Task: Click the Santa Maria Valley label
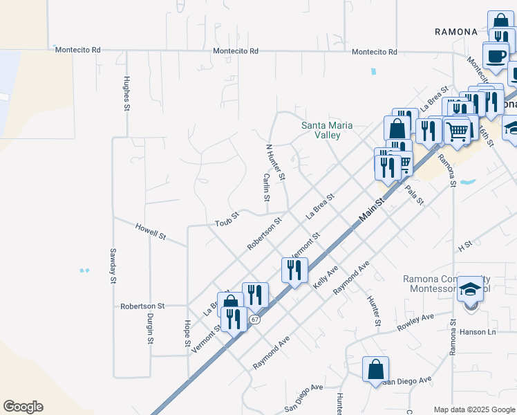pyautogui.click(x=327, y=130)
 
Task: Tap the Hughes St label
pyautogui.click(x=126, y=93)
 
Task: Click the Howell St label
pyautogui.click(x=151, y=232)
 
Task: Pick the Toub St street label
pyautogui.click(x=227, y=219)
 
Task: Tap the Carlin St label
pyautogui.click(x=266, y=187)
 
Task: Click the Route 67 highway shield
pyautogui.click(x=255, y=319)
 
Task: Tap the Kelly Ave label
pyautogui.click(x=326, y=276)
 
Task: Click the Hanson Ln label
pyautogui.click(x=478, y=332)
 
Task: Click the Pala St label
pyautogui.click(x=414, y=194)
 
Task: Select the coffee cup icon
pyautogui.click(x=495, y=55)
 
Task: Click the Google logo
pyautogui.click(x=23, y=407)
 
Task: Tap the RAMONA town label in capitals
pyautogui.click(x=456, y=32)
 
